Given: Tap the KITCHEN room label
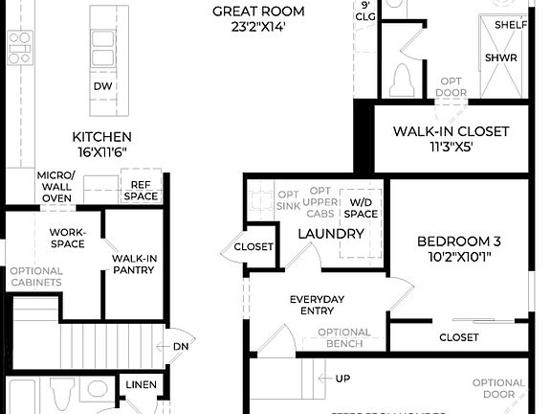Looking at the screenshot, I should pos(101,137).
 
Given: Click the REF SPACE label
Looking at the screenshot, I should pos(141,190).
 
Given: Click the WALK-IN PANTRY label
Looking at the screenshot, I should pos(135,265).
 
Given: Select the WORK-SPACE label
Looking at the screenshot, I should pos(67,237).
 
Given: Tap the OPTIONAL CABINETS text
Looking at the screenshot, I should pos(35,276).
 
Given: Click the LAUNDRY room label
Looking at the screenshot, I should pos(332,233).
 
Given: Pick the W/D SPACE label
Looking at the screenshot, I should pos(361,207).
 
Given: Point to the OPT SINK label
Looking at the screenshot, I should pos(288,198).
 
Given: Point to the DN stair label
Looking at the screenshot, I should pos(181,347).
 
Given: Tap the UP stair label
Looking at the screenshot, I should pos(342,379).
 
